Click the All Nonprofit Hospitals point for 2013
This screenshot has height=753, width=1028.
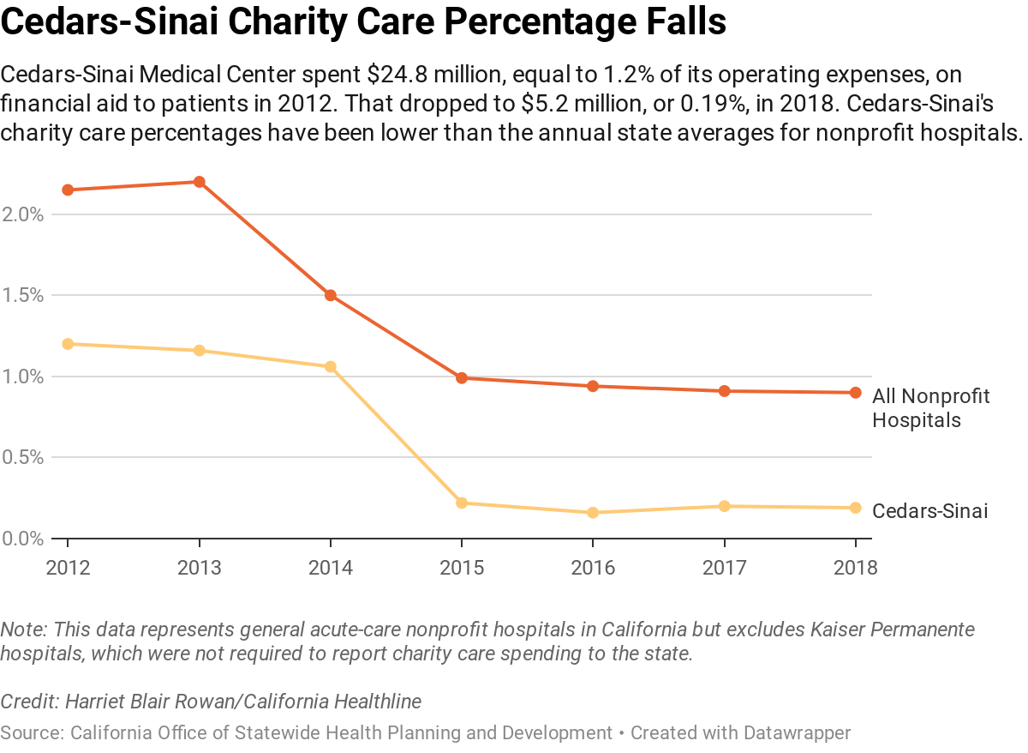point(199,182)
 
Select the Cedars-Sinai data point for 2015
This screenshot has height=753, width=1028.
point(462,503)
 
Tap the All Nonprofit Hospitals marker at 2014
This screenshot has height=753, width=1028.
point(331,295)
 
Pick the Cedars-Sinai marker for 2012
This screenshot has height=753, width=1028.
point(68,344)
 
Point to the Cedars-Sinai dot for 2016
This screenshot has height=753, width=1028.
point(593,513)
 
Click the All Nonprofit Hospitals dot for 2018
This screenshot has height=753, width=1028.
point(855,393)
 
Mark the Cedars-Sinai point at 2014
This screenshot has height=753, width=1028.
point(331,366)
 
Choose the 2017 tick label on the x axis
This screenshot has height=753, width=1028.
point(724,568)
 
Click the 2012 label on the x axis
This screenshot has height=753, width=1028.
point(68,568)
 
